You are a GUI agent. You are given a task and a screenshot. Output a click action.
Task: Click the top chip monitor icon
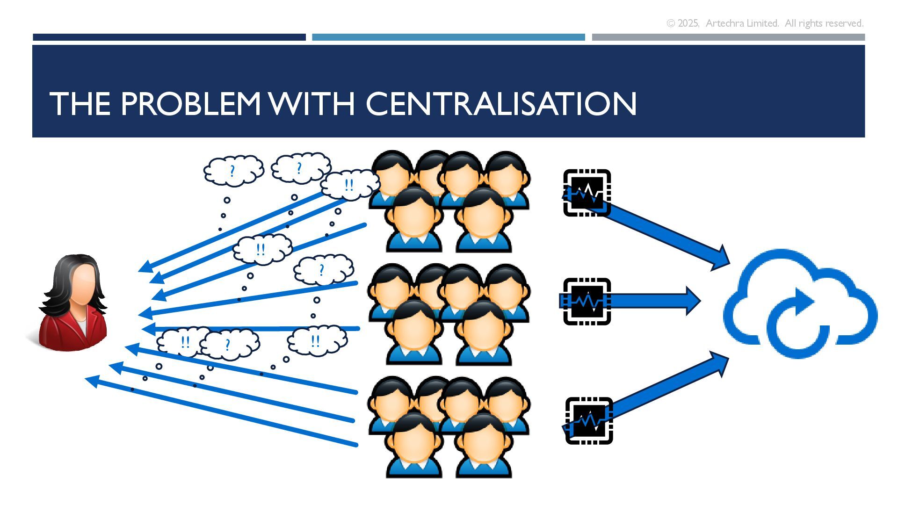587,193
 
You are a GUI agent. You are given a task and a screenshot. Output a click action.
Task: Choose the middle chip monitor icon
587,301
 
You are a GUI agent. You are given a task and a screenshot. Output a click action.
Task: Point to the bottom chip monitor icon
589,420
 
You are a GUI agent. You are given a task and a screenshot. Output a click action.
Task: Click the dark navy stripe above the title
169,37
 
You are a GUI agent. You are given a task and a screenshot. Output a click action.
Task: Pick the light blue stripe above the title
448,37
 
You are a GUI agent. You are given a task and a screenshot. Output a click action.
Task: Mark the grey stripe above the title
728,37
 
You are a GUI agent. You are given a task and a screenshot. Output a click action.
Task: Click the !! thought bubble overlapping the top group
349,185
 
